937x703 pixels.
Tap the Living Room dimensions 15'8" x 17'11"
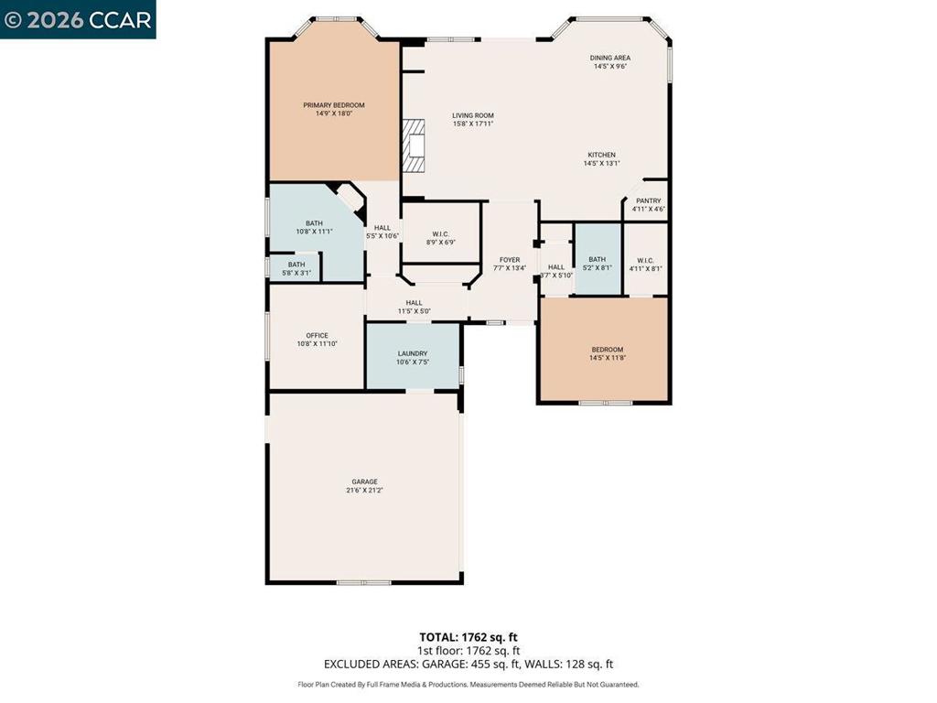point(473,124)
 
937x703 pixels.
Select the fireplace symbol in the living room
point(416,146)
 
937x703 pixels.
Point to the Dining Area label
point(609,58)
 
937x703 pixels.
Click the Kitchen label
point(601,155)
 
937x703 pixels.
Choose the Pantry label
point(648,201)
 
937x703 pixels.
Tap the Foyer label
point(510,260)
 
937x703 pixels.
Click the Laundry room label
point(413,353)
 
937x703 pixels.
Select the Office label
point(317,335)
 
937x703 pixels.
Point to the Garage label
point(364,481)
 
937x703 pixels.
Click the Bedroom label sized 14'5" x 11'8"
point(607,350)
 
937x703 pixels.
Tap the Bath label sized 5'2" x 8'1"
point(597,260)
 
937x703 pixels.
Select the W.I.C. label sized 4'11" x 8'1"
point(645,260)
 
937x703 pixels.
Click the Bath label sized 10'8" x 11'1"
point(314,223)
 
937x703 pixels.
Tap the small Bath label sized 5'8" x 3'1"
point(296,265)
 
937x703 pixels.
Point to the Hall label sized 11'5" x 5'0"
point(414,303)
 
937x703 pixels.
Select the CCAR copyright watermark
point(78,19)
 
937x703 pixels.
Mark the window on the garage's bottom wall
point(363,582)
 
